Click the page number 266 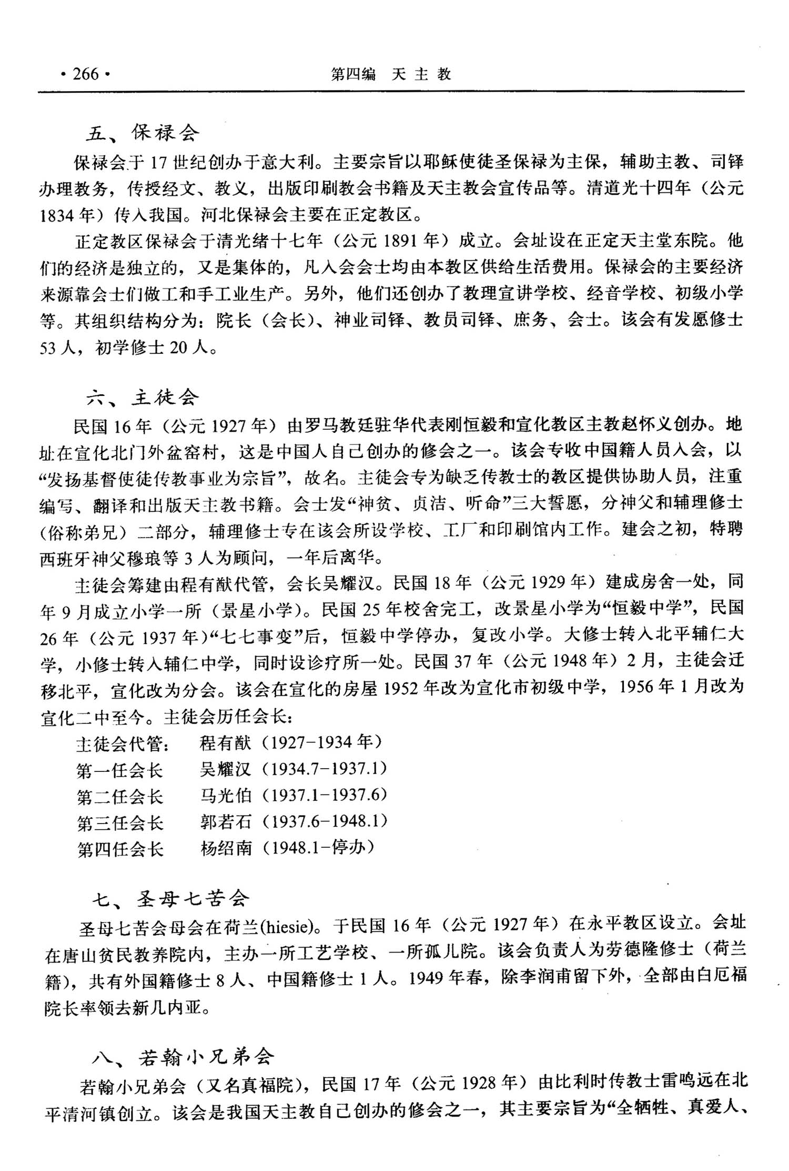86,74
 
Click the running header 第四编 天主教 390,74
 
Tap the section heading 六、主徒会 143,397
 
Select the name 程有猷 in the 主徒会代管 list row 226,743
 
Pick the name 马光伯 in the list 226,795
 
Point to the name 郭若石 226,821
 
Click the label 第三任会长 120,822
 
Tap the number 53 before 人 48,348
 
